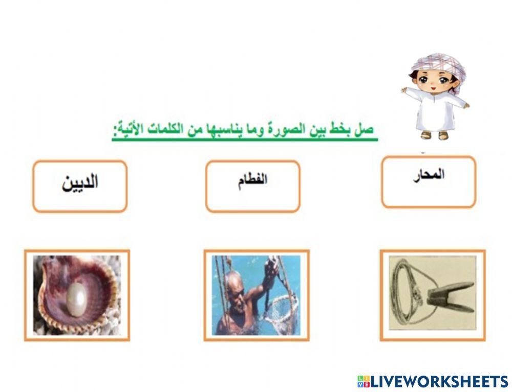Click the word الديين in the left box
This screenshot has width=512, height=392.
click(80, 183)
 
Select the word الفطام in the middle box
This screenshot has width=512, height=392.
click(252, 181)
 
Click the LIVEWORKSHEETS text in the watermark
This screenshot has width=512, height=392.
click(439, 381)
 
